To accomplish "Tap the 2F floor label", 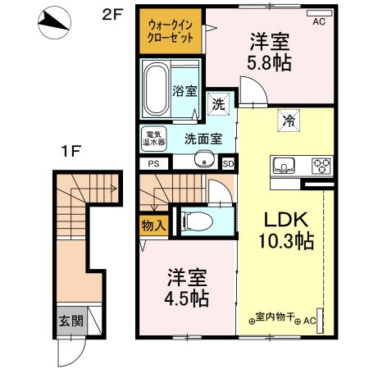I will [112, 14].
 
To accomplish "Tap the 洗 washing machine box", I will [217, 104].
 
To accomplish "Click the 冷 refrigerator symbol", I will [289, 120].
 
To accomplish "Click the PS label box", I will [153, 163].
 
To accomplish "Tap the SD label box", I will [228, 163].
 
